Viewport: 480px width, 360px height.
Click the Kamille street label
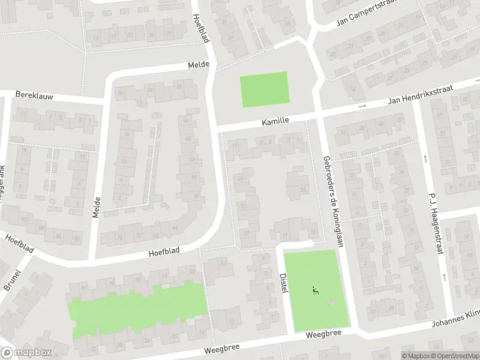[275, 121]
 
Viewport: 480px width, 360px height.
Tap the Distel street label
[284, 284]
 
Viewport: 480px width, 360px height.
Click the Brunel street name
[12, 280]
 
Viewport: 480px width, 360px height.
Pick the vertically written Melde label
[97, 206]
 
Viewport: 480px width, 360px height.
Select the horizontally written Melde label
[198, 64]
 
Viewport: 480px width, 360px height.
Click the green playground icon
[315, 290]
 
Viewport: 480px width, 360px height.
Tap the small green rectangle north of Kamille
[264, 89]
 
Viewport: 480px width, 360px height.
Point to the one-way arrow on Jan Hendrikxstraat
[362, 106]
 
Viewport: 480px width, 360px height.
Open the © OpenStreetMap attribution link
[455, 356]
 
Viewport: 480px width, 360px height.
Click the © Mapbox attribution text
[415, 356]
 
